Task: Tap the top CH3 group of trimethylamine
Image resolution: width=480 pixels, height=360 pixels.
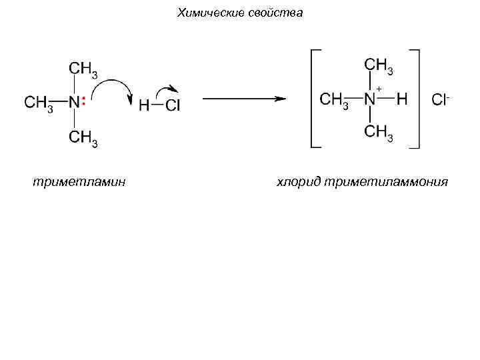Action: pos(83,69)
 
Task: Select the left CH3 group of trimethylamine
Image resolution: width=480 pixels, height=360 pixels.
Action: pos(39,103)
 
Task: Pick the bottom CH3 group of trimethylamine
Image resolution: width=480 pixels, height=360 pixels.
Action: pos(83,138)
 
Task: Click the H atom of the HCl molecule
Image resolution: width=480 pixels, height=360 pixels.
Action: pos(144,105)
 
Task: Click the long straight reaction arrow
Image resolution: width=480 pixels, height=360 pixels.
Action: pos(243,99)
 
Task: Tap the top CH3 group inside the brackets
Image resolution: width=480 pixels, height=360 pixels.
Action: pos(379,66)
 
